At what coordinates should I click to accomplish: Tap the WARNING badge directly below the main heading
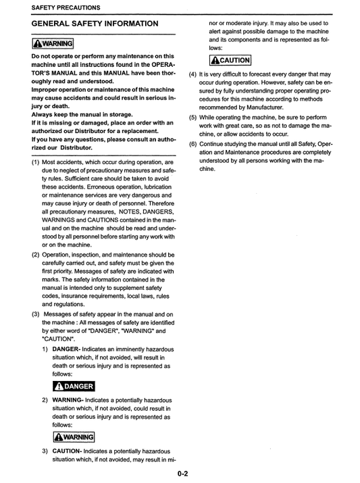point(53,45)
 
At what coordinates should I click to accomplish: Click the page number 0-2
point(182,474)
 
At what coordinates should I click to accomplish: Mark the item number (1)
point(35,163)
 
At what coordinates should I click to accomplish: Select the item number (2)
point(35,255)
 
